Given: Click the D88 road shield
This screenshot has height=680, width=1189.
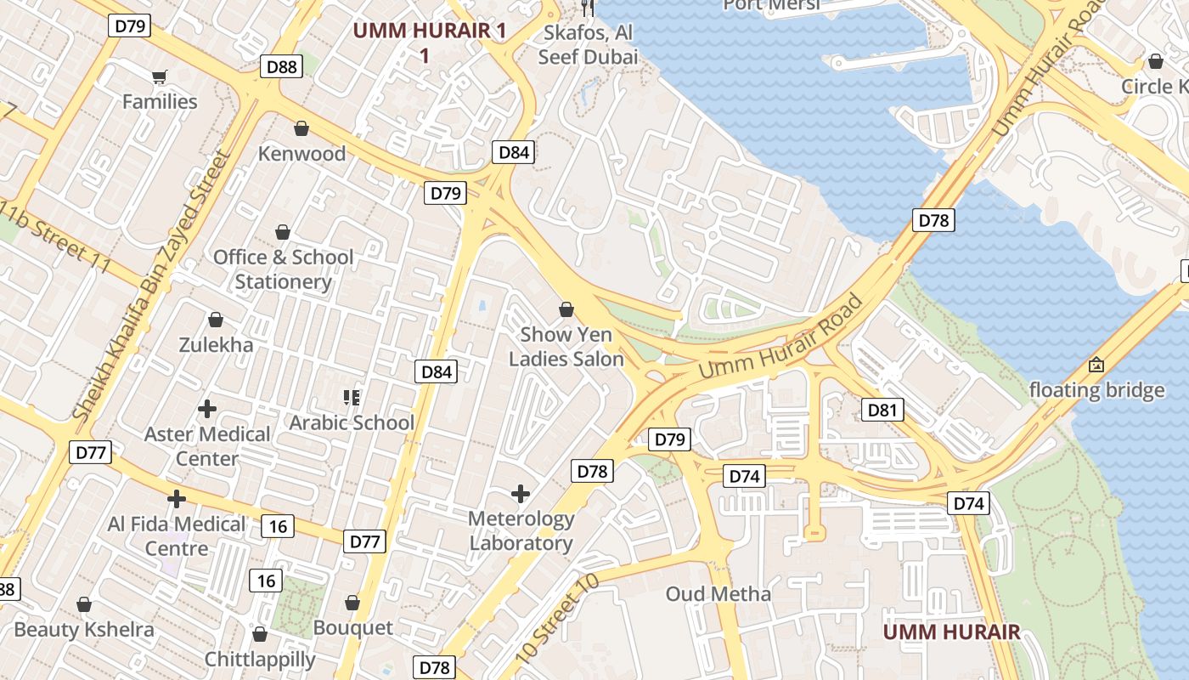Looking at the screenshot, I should [281, 66].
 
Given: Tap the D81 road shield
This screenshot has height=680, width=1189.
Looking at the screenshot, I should [882, 411].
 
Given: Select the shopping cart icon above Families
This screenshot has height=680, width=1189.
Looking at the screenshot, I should [159, 77].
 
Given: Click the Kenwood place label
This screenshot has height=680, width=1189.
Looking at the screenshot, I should [301, 154].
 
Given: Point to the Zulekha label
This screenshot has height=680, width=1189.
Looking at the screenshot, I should [216, 344].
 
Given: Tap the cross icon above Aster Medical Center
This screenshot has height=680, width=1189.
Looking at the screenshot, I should [206, 409].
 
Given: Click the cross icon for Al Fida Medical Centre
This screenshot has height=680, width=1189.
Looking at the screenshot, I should [177, 499].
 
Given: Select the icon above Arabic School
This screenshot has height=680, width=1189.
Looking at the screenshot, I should [352, 397].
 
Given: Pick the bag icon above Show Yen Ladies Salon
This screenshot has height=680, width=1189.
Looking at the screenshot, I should [566, 309].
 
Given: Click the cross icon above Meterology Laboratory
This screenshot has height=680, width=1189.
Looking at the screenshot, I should [521, 493].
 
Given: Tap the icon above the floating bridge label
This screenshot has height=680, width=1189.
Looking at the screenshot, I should [1096, 365].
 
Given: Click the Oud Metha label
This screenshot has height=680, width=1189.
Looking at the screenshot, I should [718, 593].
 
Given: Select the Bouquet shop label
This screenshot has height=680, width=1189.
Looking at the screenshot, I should [353, 627].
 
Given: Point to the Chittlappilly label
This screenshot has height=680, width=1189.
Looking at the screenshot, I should [260, 659].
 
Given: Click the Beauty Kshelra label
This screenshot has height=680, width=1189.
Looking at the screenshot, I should [84, 630].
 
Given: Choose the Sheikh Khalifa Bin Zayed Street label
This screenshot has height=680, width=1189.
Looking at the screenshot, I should [153, 285].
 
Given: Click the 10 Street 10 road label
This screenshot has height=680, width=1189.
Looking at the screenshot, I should [556, 619].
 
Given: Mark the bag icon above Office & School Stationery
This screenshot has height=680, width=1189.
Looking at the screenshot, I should [283, 232].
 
